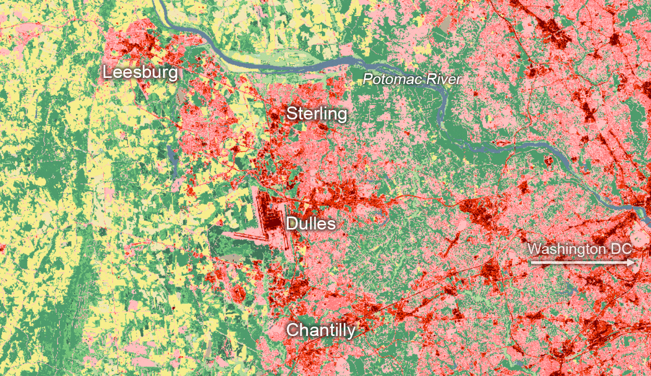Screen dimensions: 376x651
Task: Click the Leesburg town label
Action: tap(140, 72)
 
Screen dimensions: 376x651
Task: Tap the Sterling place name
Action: tap(316, 113)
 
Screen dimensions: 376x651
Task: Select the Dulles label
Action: tap(310, 224)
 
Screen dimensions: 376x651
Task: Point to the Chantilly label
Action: tap(320, 330)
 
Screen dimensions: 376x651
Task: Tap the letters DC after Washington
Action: tap(621, 249)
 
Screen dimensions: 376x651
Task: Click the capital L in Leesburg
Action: tap(107, 72)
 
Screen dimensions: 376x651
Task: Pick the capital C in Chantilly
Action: tap(292, 330)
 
